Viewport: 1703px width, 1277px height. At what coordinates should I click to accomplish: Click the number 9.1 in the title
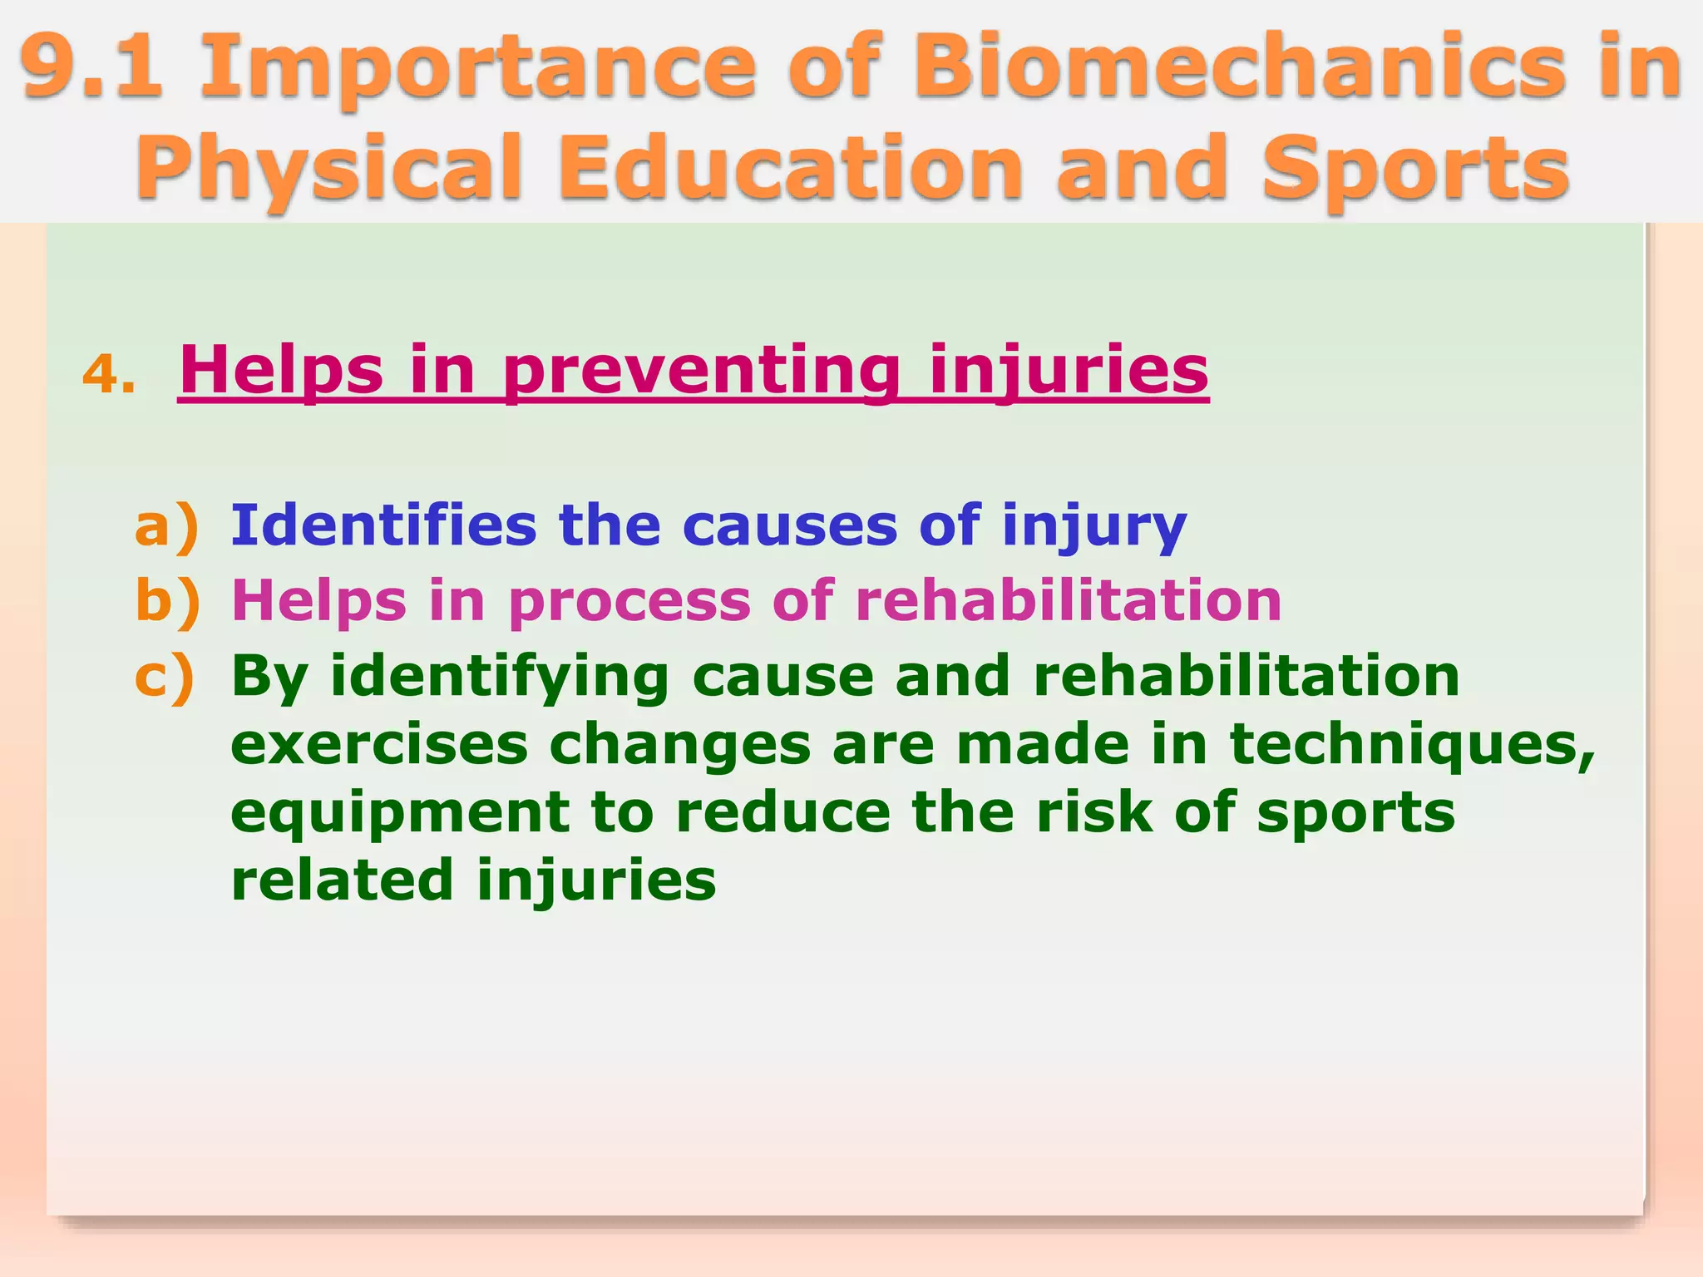pos(91,67)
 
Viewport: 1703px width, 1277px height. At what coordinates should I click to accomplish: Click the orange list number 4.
pos(108,374)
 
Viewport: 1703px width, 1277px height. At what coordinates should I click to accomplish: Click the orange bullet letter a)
pos(166,526)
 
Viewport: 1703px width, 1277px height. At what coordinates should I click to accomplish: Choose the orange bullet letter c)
pos(165,676)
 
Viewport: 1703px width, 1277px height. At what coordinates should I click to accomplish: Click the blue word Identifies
pos(383,526)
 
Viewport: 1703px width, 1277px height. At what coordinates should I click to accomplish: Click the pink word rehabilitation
pos(1069,600)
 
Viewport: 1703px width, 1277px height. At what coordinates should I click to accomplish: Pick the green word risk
pos(1093,812)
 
